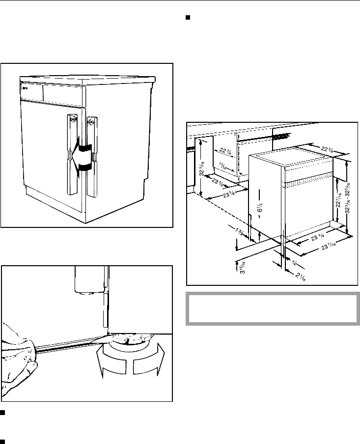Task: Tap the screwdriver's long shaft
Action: click(69, 347)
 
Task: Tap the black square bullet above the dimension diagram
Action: click(188, 19)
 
